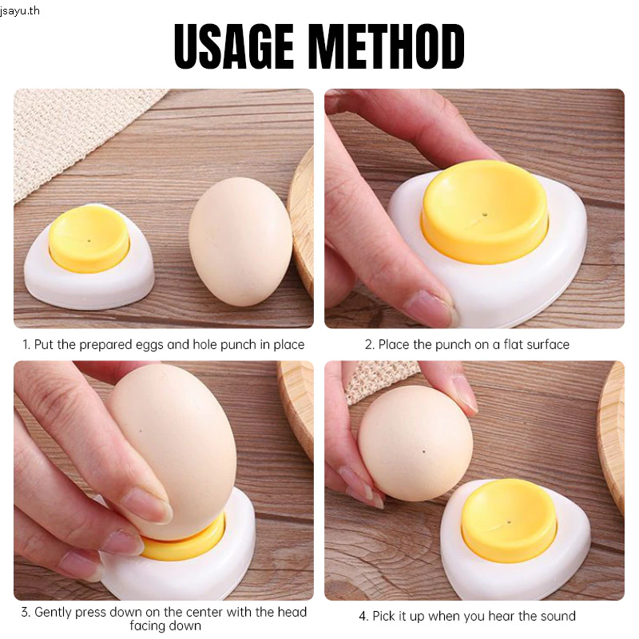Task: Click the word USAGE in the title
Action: pyautogui.click(x=234, y=46)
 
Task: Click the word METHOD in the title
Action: pyautogui.click(x=390, y=46)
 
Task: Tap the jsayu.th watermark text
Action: pyautogui.click(x=20, y=10)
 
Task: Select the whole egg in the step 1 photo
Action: pyautogui.click(x=240, y=242)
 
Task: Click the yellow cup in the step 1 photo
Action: pyautogui.click(x=89, y=238)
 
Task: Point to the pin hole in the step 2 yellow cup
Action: pyautogui.click(x=484, y=213)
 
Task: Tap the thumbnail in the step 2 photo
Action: pyautogui.click(x=432, y=304)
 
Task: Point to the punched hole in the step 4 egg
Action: pyautogui.click(x=424, y=451)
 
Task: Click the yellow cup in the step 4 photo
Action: pyautogui.click(x=509, y=518)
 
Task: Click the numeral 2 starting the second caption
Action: pyautogui.click(x=368, y=345)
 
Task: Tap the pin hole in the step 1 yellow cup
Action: pyautogui.click(x=89, y=241)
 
